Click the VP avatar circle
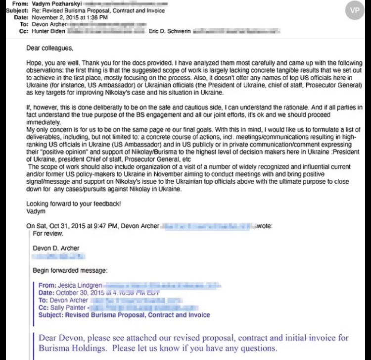tap(355, 10)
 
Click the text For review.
tap(48, 233)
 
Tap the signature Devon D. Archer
tap(56, 248)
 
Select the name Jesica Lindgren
tap(81, 286)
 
